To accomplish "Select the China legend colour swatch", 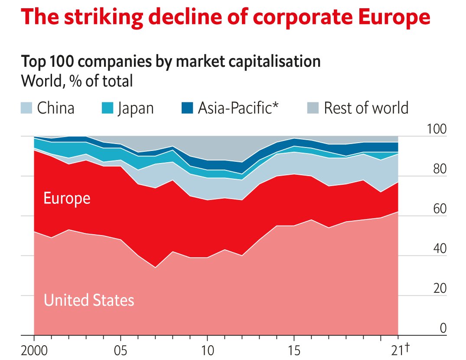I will [27, 107].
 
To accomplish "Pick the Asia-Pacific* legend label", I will [238, 108].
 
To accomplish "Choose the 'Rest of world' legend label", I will [366, 108].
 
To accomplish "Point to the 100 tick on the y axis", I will [437, 129].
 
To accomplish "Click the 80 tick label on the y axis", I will [439, 169].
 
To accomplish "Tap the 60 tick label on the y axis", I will [439, 209].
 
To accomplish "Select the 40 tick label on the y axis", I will [439, 249].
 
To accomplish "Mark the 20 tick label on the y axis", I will [439, 289].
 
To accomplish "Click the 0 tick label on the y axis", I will [443, 328].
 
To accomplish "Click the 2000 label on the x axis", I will [34, 350].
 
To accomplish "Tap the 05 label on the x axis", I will [121, 350].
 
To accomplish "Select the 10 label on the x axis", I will [207, 350].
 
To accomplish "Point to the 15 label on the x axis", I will [294, 350].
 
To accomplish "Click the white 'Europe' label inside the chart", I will [67, 198].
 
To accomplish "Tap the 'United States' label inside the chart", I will [89, 300].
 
